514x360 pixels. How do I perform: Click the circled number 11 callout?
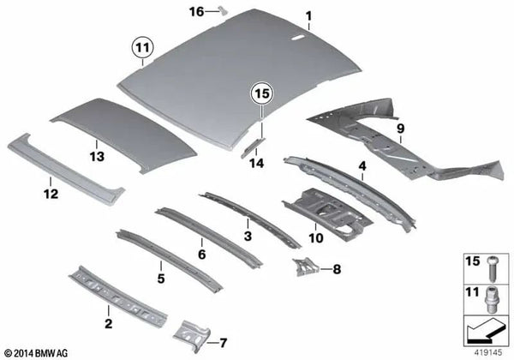pyautogui.click(x=142, y=48)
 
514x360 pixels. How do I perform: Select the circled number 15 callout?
pyautogui.click(x=262, y=93)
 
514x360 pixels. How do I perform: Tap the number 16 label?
pyautogui.click(x=197, y=12)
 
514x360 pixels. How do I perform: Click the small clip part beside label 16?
pyautogui.click(x=224, y=11)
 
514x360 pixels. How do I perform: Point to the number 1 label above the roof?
pyautogui.click(x=308, y=15)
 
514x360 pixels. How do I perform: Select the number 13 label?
pyautogui.click(x=97, y=156)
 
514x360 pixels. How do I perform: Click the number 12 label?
pyautogui.click(x=51, y=194)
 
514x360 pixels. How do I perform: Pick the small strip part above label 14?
pyautogui.click(x=253, y=147)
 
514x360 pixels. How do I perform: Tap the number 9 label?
pyautogui.click(x=401, y=129)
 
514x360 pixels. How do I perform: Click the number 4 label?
pyautogui.click(x=362, y=166)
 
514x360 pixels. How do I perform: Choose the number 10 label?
pyautogui.click(x=315, y=238)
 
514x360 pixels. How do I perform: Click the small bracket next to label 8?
pyautogui.click(x=305, y=267)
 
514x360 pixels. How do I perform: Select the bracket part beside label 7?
pyautogui.click(x=192, y=335)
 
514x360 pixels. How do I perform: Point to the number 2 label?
pyautogui.click(x=108, y=324)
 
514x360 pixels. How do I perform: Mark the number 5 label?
pyautogui.click(x=161, y=279)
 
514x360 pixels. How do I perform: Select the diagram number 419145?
pyautogui.click(x=489, y=353)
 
